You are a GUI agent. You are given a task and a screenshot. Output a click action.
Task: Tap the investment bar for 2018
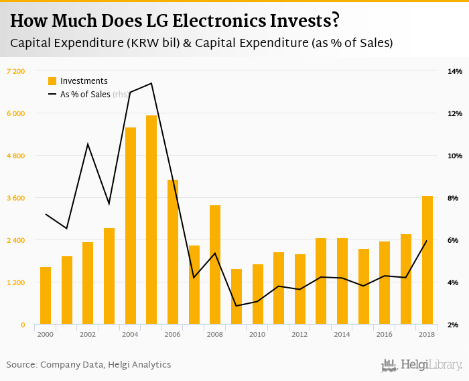coord(427,260)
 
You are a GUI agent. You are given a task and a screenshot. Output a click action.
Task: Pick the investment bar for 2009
coord(237,296)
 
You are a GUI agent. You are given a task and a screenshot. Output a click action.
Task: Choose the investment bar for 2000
coord(46,296)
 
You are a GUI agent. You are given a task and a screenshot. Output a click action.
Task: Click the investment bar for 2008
coord(215,265)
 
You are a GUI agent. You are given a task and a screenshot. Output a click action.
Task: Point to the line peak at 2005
coord(151,83)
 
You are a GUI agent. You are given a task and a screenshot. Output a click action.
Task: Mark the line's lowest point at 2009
coord(237,306)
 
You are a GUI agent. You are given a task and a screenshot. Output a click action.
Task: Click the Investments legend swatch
coord(52,81)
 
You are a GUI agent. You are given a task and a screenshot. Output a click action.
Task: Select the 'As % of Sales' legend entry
coord(87,95)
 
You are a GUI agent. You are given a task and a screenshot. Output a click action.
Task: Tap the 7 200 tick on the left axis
coord(15,71)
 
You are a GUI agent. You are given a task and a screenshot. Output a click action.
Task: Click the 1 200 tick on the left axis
coord(15,282)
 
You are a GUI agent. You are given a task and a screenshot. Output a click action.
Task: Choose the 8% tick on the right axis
coord(454,198)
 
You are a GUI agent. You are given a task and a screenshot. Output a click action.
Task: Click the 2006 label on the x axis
coord(173,334)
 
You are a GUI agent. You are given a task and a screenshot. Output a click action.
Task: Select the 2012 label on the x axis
coord(300,334)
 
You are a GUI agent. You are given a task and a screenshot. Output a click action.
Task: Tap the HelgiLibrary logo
coord(422,365)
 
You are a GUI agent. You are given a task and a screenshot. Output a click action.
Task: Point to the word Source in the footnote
coord(21,365)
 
